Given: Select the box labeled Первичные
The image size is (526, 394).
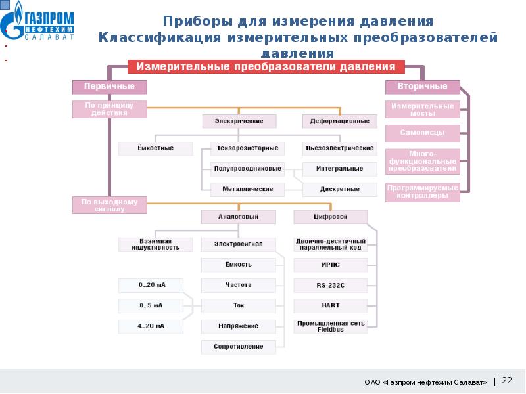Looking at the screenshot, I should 109,87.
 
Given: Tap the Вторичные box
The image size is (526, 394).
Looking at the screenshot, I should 422,87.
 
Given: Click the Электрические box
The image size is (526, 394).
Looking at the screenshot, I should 239,121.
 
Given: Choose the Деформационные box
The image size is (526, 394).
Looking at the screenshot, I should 339,121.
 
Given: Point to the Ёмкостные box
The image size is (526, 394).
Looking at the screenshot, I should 156,148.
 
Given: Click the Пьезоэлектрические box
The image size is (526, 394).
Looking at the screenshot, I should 339,148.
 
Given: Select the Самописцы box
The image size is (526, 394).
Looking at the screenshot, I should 422,133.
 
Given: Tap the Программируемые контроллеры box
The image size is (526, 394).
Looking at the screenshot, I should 422,191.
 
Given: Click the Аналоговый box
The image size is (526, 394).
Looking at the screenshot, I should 239,217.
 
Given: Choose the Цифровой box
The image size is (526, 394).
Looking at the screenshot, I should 330,217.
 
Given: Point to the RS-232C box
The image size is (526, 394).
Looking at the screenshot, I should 330,286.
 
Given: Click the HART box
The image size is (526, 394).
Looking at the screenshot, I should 330,305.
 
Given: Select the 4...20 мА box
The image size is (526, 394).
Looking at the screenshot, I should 151,326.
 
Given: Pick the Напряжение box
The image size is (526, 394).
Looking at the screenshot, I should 239,326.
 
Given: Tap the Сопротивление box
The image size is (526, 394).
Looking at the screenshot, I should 239,346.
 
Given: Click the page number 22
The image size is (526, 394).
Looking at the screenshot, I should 507,380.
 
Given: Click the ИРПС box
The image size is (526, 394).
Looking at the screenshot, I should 330,265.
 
